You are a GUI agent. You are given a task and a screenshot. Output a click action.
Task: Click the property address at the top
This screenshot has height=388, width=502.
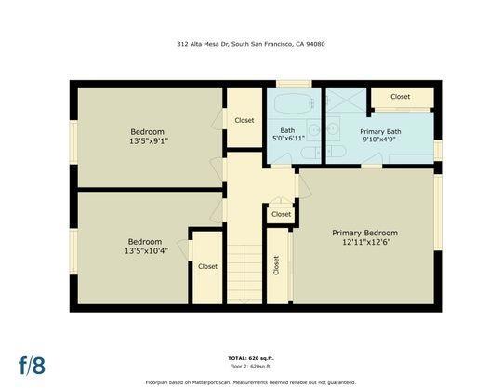[x=251, y=44]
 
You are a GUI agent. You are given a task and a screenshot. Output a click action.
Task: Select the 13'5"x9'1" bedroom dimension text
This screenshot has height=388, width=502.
[x=149, y=140]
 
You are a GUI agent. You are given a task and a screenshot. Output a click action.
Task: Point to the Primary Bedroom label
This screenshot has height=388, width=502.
[x=364, y=233]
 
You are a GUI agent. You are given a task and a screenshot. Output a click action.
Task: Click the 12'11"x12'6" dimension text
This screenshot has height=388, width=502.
[x=364, y=243]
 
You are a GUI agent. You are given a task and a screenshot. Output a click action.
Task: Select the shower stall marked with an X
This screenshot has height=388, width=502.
[x=346, y=102]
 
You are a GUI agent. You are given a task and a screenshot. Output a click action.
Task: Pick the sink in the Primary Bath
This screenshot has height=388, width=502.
[x=332, y=130]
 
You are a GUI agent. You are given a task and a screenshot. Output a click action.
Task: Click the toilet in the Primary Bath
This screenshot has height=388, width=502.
[x=334, y=152]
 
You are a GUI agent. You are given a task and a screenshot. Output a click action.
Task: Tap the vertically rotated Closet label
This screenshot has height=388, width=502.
[x=276, y=265]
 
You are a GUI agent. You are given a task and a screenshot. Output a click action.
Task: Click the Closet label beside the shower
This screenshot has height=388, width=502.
[x=401, y=97]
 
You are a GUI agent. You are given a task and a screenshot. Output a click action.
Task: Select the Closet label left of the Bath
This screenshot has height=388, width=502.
[x=244, y=120]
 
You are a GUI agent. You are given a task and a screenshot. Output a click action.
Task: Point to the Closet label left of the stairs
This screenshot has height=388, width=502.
[x=207, y=266]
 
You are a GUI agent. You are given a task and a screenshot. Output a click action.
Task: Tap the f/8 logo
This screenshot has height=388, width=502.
[x=32, y=363]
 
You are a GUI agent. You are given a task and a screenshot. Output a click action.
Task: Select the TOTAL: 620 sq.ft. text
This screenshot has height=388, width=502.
[x=251, y=358]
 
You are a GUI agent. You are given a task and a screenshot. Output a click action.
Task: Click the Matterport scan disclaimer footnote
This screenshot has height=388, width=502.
[x=251, y=381]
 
